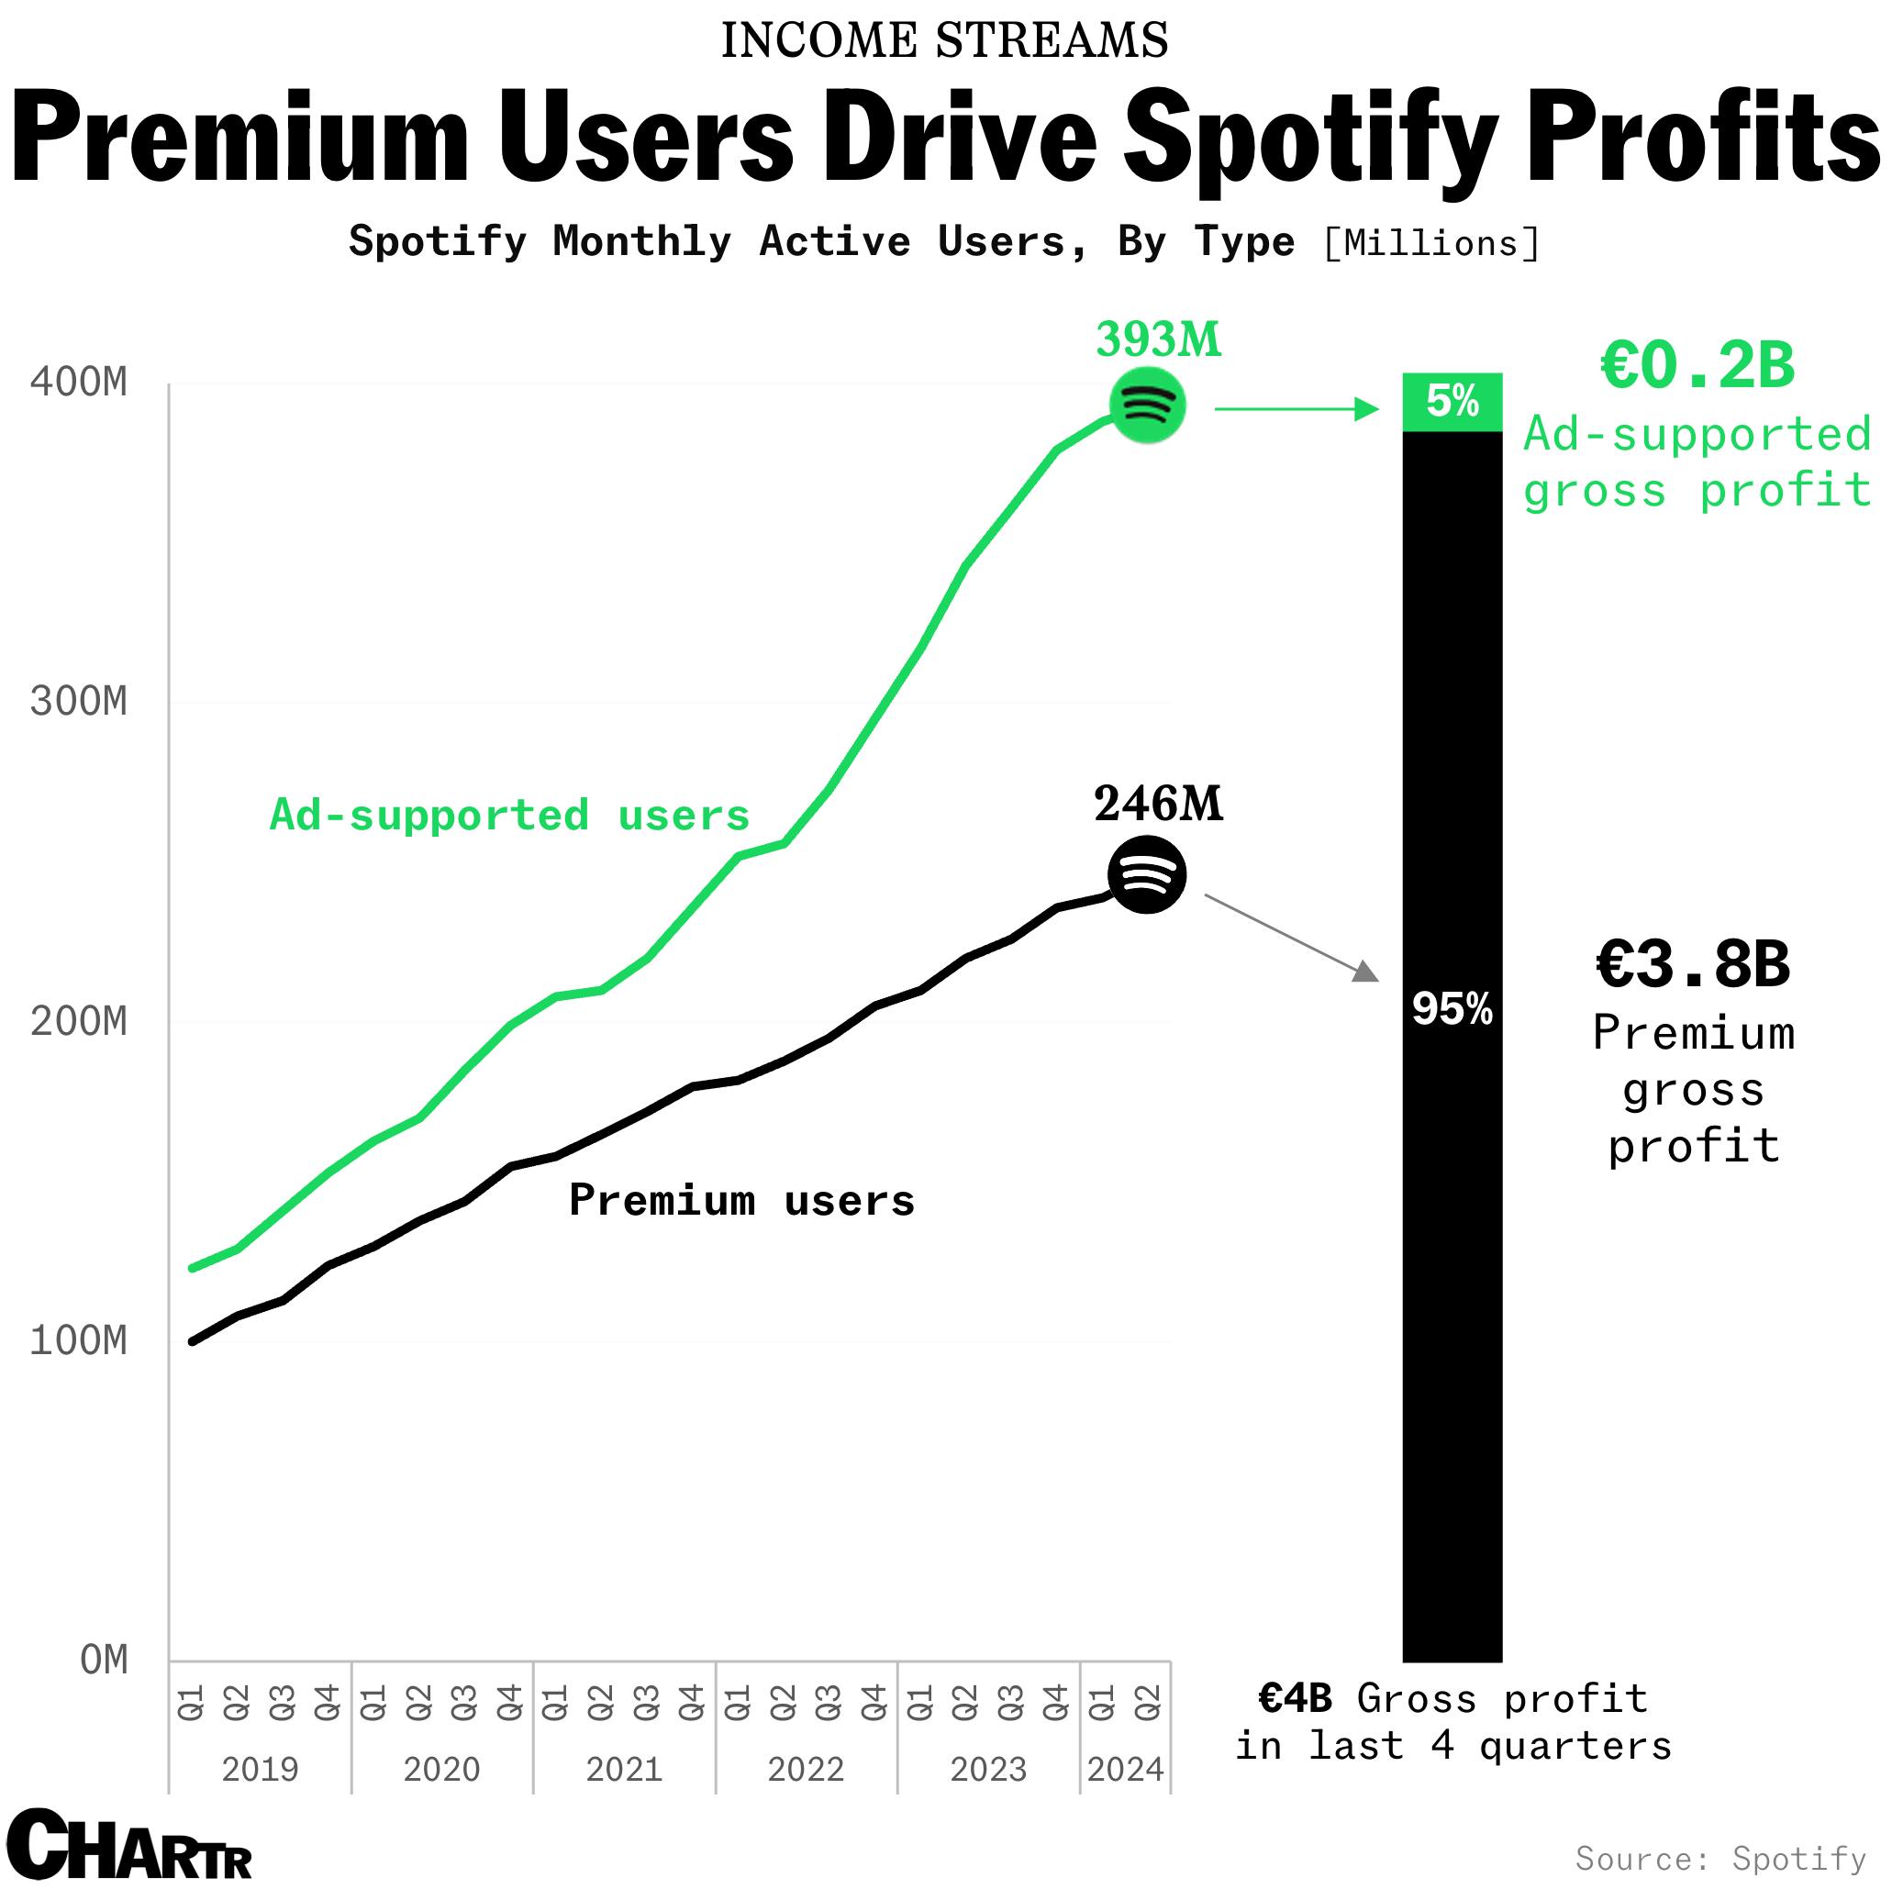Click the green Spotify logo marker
1147,405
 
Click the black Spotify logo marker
1147,874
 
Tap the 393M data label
1159,340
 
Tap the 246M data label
1159,804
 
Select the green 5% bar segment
1452,403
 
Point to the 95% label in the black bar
1452,1008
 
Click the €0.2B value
1697,366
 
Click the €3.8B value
1693,963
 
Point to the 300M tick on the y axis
79,702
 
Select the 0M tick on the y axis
104,1661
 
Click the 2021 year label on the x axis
624,1770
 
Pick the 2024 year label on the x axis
1125,1770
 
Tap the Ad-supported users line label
509,816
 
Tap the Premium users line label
741,1201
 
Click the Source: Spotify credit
1720,1858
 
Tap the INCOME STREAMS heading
945,41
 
